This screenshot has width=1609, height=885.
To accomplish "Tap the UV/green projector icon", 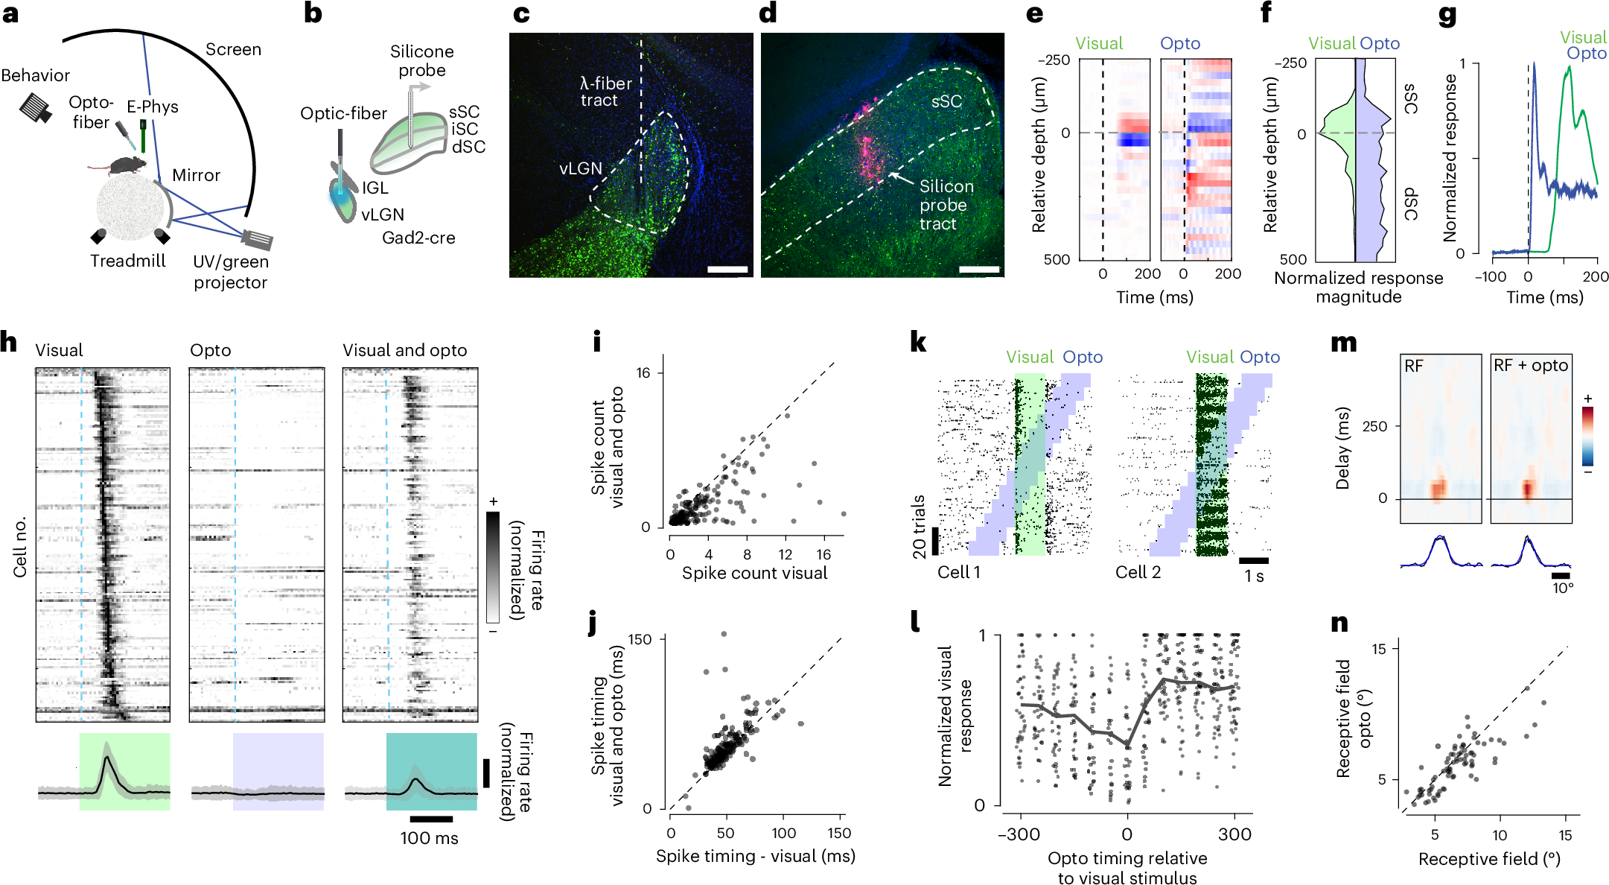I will [257, 239].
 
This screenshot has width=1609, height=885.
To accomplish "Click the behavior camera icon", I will [36, 107].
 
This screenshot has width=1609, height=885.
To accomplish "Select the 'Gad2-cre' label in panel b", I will [418, 238].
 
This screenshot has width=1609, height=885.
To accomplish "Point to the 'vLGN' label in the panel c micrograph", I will [580, 168].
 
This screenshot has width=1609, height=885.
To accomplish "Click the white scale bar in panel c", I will [727, 269].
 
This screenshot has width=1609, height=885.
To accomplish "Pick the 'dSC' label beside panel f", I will [1409, 204].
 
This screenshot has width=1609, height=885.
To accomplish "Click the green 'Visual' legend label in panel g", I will [1583, 37].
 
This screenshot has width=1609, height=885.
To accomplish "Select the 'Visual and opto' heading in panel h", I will [404, 350].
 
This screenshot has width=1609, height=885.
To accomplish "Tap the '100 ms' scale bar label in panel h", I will [429, 838].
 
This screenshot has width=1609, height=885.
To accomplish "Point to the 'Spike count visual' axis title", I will [754, 573].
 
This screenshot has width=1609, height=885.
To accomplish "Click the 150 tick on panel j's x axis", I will [839, 833].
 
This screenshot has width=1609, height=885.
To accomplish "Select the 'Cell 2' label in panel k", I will [1138, 572].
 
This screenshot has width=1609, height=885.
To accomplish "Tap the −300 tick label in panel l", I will [1019, 834].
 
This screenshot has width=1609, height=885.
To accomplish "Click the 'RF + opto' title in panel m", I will [1531, 365].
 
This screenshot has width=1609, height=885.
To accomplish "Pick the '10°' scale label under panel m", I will [1562, 588].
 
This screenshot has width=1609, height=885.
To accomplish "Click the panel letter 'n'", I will [1339, 623].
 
